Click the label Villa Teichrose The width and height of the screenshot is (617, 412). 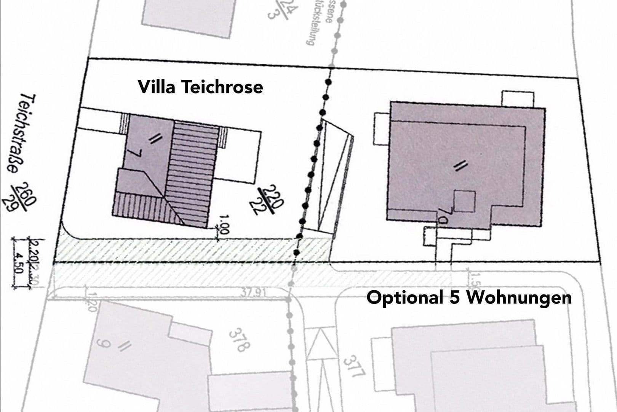(x=200, y=87)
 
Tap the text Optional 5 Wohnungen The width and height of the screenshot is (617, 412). (x=469, y=298)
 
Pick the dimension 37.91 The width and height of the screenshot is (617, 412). (x=253, y=293)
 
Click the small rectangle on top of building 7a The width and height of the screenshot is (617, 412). (x=517, y=99)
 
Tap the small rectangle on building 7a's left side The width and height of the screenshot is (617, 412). (x=381, y=129)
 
